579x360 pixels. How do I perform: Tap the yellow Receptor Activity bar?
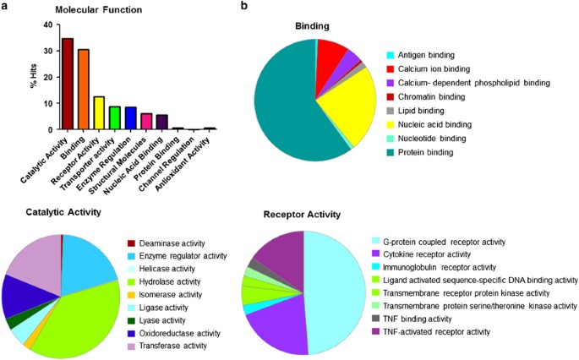(99, 113)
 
